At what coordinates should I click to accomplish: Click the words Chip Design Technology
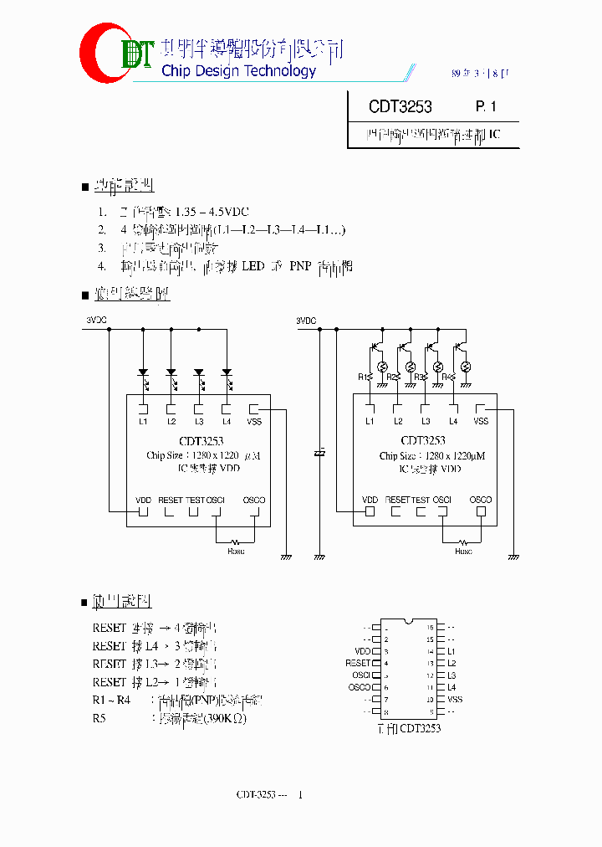point(238,71)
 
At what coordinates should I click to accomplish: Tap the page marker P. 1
point(486,107)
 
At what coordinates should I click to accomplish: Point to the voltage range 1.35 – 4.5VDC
point(212,212)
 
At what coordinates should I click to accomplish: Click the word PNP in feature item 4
point(299,266)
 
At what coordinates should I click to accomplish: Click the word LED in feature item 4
point(253,266)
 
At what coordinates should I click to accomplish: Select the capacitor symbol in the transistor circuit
point(319,453)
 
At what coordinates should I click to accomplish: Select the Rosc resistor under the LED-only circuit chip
point(236,542)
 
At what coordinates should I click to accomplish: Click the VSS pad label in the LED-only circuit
point(254,421)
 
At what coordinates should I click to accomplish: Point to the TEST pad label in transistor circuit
point(420,500)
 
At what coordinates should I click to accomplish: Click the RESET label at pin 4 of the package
point(358,663)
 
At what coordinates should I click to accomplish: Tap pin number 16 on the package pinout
point(431,627)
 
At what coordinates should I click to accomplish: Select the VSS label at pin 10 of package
point(455,700)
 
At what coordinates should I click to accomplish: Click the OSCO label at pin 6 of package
point(359,687)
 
